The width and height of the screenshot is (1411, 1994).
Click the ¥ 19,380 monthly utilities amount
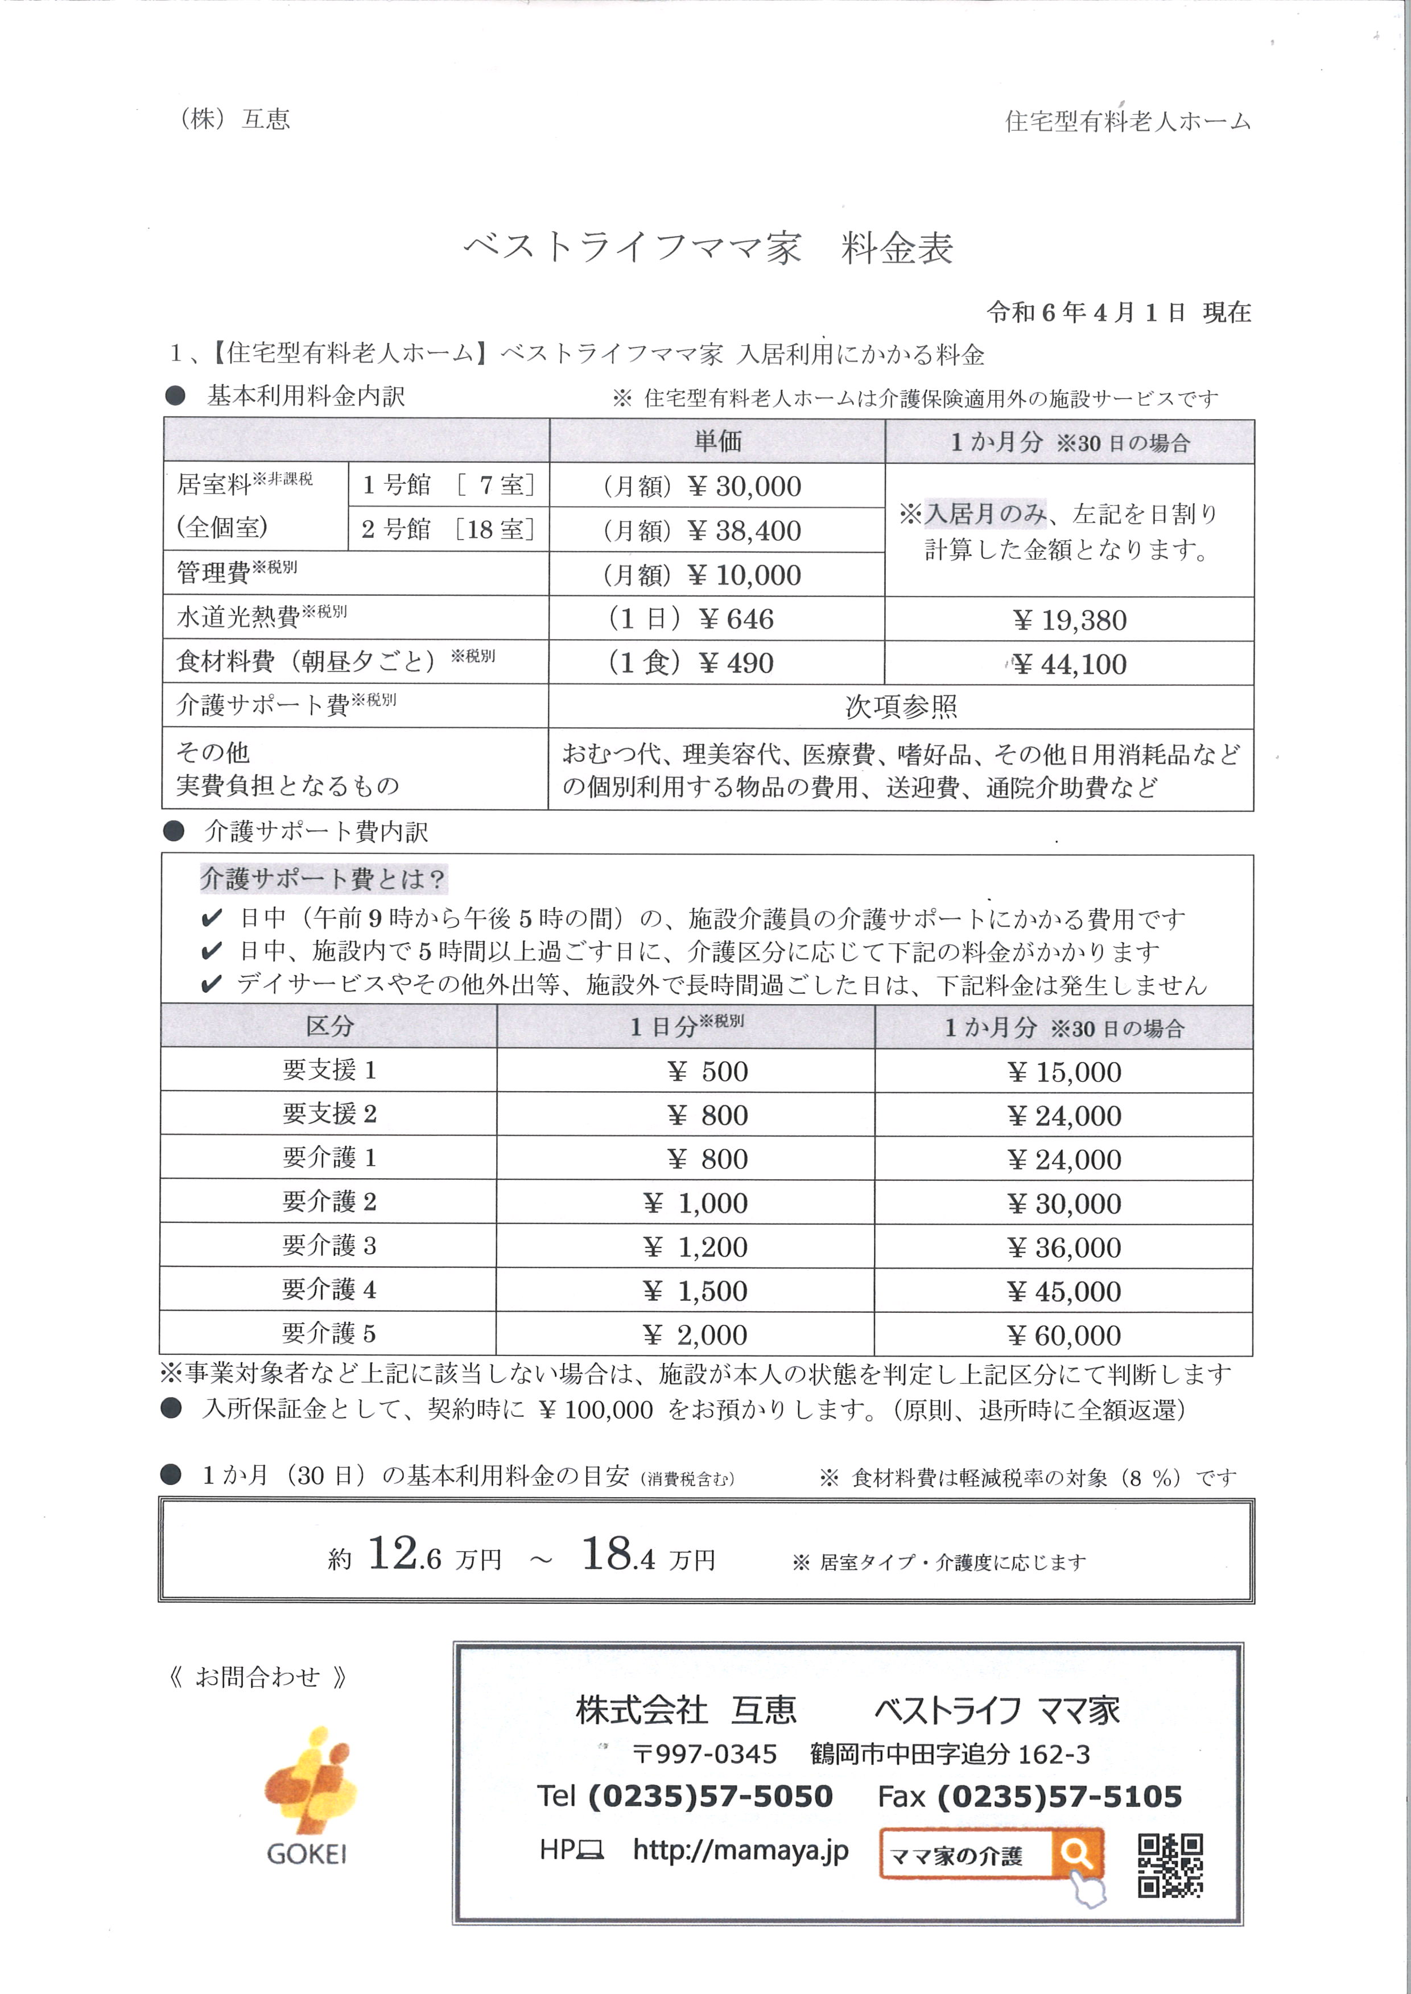click(1070, 620)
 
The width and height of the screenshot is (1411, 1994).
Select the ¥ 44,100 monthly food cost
click(1070, 664)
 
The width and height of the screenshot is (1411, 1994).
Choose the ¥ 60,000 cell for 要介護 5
click(1065, 1335)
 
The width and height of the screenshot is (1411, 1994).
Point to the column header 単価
click(717, 441)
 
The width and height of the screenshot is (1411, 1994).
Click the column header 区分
click(329, 1026)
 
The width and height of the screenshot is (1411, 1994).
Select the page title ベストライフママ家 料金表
click(708, 249)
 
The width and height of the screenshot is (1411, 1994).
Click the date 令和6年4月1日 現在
click(1118, 313)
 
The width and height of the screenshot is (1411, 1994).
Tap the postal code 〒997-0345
click(704, 1754)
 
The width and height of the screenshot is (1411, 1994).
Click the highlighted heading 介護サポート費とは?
click(323, 879)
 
